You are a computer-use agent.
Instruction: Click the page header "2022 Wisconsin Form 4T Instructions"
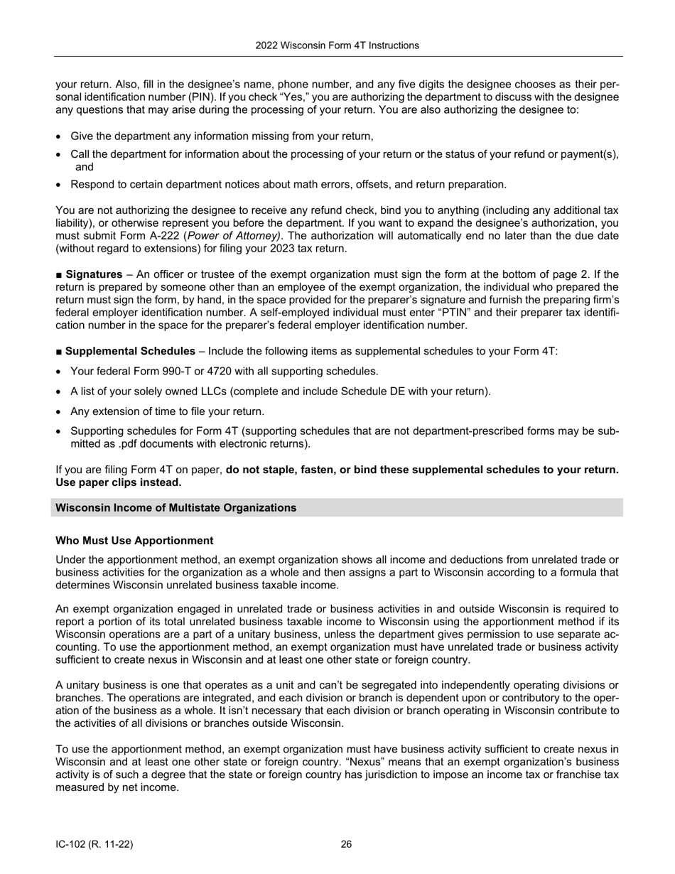pyautogui.click(x=337, y=45)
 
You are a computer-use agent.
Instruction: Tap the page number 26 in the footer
pyautogui.click(x=346, y=844)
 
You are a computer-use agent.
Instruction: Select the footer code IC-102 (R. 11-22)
pyautogui.click(x=94, y=844)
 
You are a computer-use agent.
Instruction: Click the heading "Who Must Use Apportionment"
pyautogui.click(x=134, y=541)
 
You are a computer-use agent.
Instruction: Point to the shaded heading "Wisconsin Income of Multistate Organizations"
pyautogui.click(x=175, y=507)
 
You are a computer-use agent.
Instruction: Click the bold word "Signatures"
pyautogui.click(x=94, y=274)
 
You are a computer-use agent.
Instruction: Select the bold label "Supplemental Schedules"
pyautogui.click(x=130, y=351)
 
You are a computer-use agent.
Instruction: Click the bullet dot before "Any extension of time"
pyautogui.click(x=60, y=411)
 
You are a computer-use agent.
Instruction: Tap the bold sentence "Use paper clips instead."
pyautogui.click(x=118, y=482)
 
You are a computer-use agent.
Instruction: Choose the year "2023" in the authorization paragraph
pyautogui.click(x=276, y=249)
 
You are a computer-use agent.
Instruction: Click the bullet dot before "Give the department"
pyautogui.click(x=60, y=136)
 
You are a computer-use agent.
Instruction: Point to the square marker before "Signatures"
pyautogui.click(x=59, y=274)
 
